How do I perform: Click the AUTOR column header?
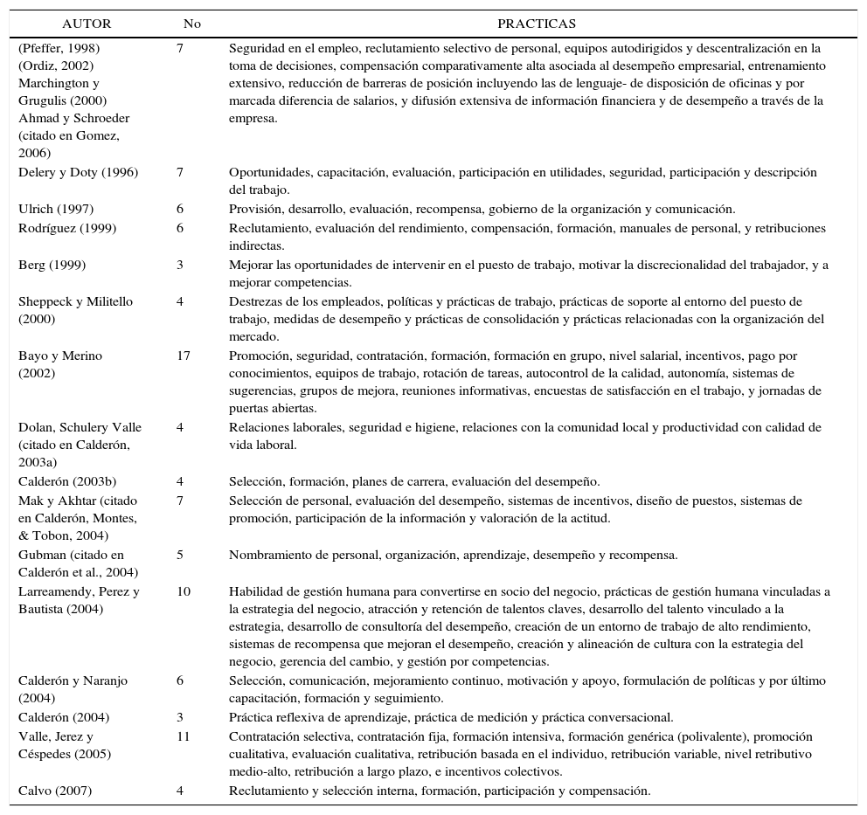pyautogui.click(x=87, y=24)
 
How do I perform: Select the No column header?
pyautogui.click(x=192, y=24)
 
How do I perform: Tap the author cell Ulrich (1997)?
pyautogui.click(x=56, y=209)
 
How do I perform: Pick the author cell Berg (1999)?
pyautogui.click(x=52, y=265)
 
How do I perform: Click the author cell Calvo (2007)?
pyautogui.click(x=55, y=791)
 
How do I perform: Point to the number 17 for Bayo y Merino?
pyautogui.click(x=183, y=356)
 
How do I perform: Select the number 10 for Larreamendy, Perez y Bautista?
pyautogui.click(x=183, y=591)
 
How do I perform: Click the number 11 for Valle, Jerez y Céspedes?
pyautogui.click(x=183, y=736)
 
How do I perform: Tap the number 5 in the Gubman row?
pyautogui.click(x=180, y=555)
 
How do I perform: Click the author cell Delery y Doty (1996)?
pyautogui.click(x=78, y=172)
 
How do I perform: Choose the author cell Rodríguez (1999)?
pyautogui.click(x=67, y=228)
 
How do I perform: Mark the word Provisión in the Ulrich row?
pyautogui.click(x=255, y=209)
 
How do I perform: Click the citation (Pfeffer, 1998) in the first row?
pyautogui.click(x=59, y=48)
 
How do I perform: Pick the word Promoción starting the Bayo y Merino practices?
pyautogui.click(x=259, y=356)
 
